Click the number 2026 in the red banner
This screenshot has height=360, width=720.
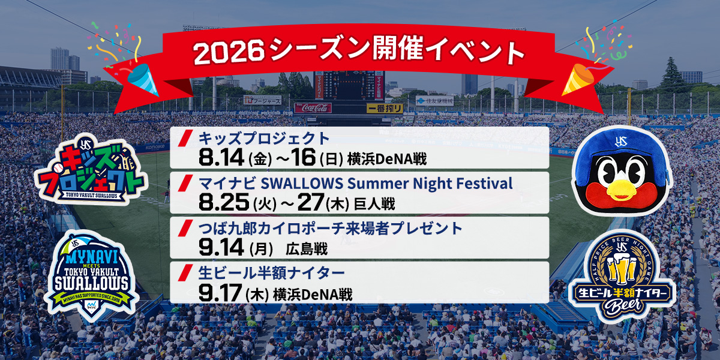(x=229, y=52)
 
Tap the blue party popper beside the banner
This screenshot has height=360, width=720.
(x=143, y=79)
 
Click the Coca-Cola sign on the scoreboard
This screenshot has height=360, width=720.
(x=313, y=108)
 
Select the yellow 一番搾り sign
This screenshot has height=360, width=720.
(x=385, y=109)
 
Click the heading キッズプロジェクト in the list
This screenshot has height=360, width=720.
(x=264, y=139)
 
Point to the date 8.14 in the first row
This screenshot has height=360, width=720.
(x=221, y=157)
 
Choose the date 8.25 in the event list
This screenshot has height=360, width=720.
(x=224, y=203)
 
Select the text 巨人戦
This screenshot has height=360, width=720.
(x=374, y=204)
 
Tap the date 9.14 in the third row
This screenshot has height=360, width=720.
(x=221, y=247)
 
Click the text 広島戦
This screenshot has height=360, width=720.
(x=307, y=249)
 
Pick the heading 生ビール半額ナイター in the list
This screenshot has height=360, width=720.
(x=272, y=273)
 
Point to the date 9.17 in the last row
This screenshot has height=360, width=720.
(x=220, y=293)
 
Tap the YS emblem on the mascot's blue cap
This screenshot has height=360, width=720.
(x=620, y=141)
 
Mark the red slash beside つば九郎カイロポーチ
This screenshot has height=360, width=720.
(x=185, y=228)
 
